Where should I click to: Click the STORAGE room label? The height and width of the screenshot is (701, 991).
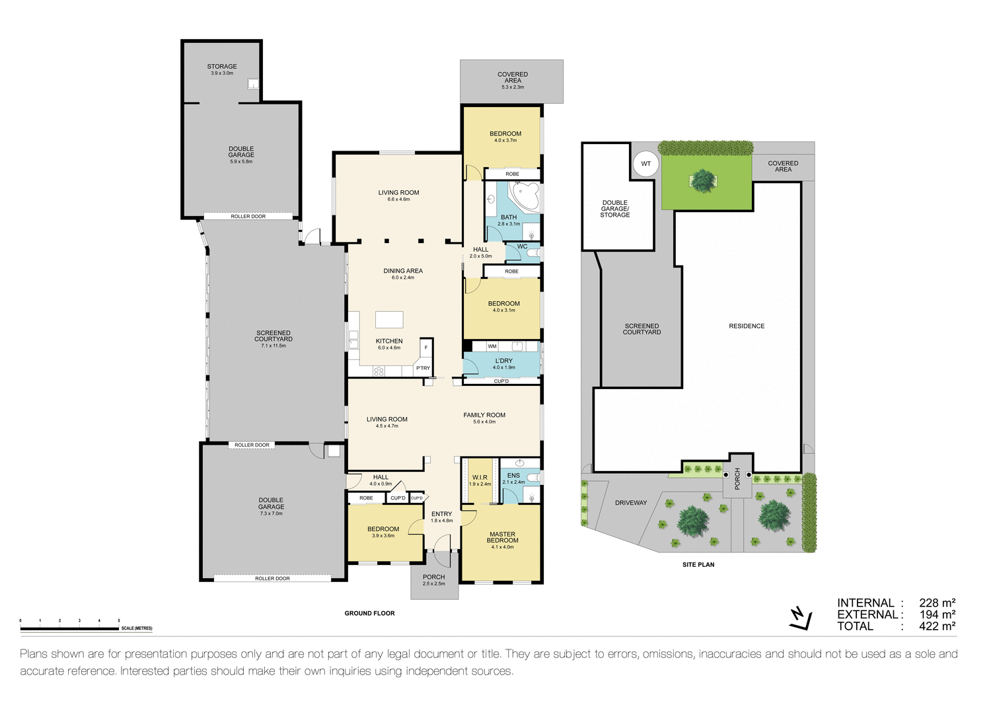click(222, 67)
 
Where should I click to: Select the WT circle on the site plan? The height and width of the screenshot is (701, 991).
click(645, 164)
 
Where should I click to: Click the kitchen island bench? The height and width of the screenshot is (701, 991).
click(389, 320)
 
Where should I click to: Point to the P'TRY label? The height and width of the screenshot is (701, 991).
click(423, 368)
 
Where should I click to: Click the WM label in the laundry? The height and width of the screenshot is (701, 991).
click(492, 346)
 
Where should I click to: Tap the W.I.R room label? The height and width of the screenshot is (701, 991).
click(480, 477)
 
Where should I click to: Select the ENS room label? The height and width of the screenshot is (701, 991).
click(513, 475)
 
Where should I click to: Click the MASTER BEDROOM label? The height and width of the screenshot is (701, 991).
click(502, 537)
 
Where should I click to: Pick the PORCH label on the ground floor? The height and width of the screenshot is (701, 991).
click(434, 577)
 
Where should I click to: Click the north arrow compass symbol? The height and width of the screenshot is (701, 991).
click(800, 617)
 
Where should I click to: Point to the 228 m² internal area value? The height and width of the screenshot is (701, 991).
click(937, 603)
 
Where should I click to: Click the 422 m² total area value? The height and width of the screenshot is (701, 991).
click(937, 626)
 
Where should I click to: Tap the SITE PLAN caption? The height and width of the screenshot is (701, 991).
click(698, 565)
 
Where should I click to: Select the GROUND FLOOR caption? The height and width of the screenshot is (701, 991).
click(369, 613)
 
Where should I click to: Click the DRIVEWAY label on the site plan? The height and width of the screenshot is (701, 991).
click(631, 503)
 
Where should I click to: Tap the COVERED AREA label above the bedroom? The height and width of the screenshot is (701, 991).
click(513, 77)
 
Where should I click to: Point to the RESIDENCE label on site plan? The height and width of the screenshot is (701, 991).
click(747, 326)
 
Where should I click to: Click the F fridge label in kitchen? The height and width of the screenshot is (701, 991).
click(426, 347)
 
